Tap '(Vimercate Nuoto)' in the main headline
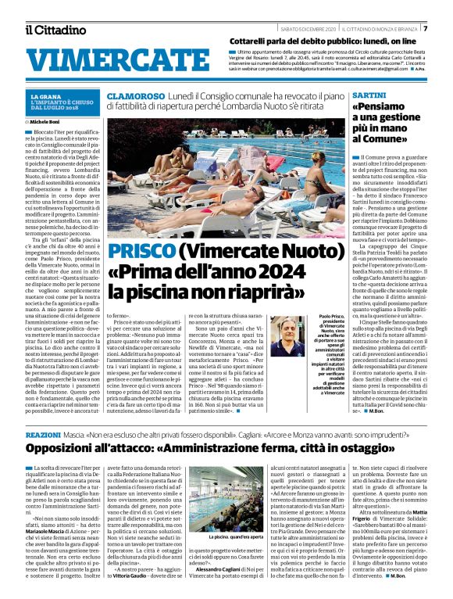click(x=252, y=252)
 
